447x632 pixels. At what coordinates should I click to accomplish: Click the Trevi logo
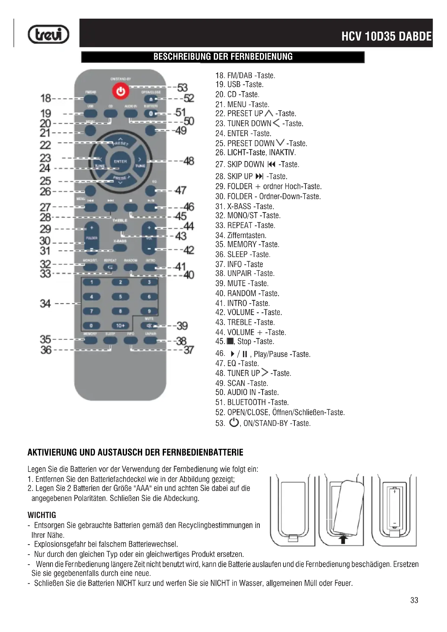pos(48,34)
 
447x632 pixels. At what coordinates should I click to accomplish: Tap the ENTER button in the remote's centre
pos(120,161)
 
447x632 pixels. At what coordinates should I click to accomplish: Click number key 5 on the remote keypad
pos(120,297)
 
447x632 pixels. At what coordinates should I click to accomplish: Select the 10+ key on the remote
pos(120,326)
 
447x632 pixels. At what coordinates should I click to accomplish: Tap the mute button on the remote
pos(149,326)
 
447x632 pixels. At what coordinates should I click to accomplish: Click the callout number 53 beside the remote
pos(182,88)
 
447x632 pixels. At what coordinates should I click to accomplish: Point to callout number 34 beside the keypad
pos(45,304)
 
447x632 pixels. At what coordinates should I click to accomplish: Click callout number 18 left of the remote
pos(46,98)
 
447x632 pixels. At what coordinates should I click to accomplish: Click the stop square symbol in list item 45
pos(230,341)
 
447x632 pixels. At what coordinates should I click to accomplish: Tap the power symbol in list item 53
pos(234,422)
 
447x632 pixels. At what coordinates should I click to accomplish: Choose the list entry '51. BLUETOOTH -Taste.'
pos(252,402)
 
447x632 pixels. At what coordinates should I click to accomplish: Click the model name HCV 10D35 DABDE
pos(386,36)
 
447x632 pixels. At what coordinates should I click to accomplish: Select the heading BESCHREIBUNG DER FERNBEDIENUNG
pos(223,57)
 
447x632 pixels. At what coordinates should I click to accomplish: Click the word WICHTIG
pos(42,515)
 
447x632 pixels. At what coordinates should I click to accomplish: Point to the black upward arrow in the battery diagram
pos(343,540)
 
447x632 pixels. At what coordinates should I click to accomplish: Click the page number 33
pos(414,600)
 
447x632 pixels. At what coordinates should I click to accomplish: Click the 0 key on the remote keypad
pos(91,326)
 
